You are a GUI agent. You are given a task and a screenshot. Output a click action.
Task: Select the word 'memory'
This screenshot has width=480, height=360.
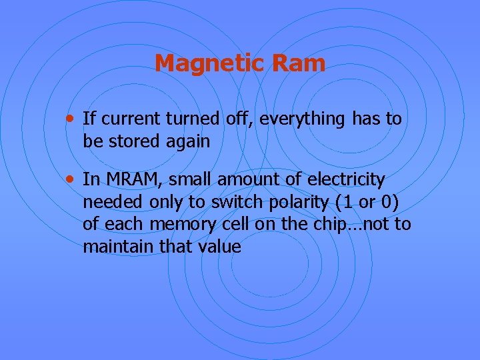coord(175,225)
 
